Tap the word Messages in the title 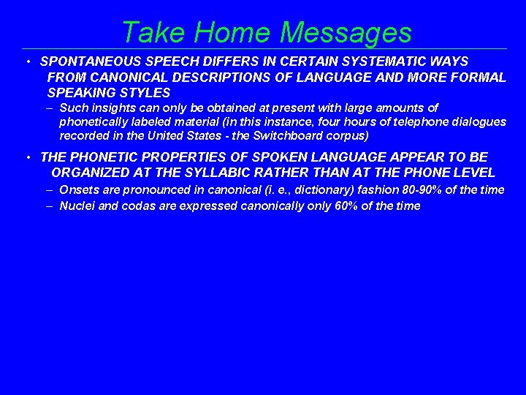(x=346, y=33)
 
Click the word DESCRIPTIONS (x=211, y=78)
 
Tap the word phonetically (x=96, y=121)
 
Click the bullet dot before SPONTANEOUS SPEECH (x=25, y=62)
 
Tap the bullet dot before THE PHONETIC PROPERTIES (x=25, y=157)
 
